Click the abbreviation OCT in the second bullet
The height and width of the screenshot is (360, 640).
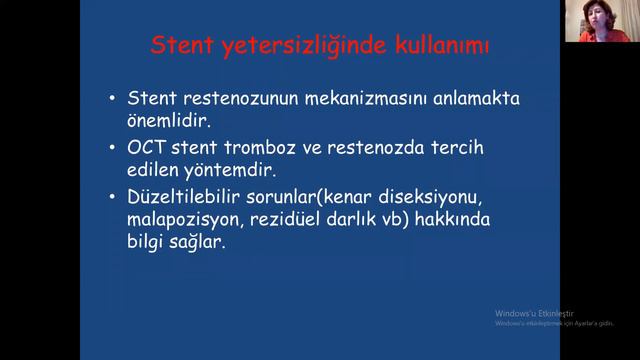pyautogui.click(x=149, y=148)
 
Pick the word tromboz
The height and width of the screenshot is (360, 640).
pyautogui.click(x=258, y=148)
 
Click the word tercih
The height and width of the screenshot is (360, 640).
pyautogui.click(x=457, y=148)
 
